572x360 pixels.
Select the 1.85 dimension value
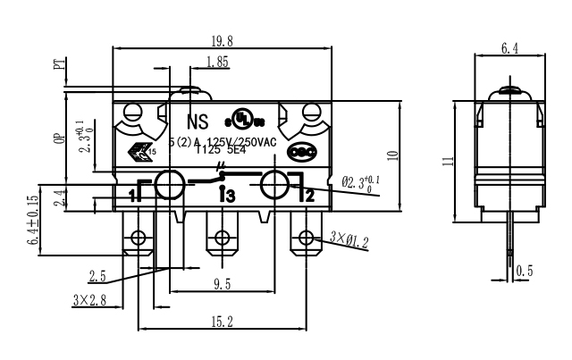(x=215, y=62)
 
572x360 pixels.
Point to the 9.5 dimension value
(x=222, y=285)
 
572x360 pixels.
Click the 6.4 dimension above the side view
(x=509, y=48)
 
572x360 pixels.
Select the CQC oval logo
(x=307, y=151)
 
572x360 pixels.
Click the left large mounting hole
(x=168, y=185)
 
